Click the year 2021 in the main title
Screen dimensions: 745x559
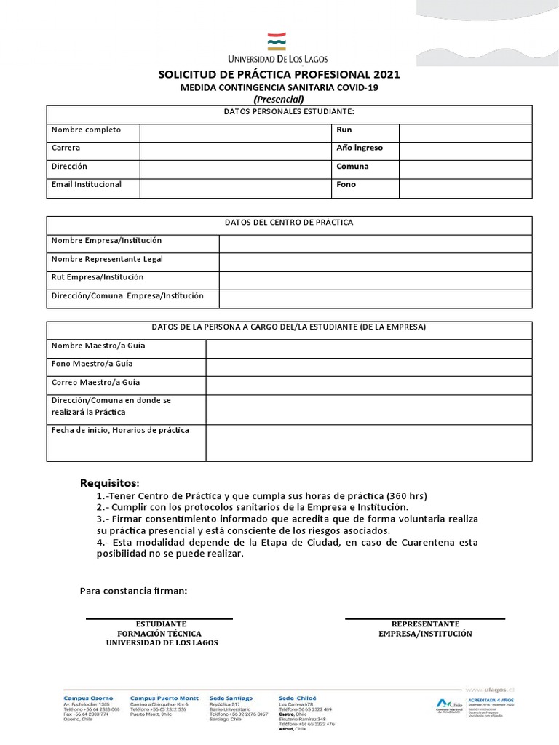tap(386, 75)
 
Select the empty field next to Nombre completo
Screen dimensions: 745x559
tap(235, 132)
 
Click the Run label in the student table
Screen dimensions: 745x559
tap(344, 130)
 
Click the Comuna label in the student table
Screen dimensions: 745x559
tap(352, 167)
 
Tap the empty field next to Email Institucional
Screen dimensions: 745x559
tap(235, 188)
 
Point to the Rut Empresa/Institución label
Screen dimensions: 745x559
tap(98, 278)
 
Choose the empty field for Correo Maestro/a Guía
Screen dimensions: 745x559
tap(368, 385)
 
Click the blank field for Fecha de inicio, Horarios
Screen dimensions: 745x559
tap(368, 442)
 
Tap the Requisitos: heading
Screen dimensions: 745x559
tap(109, 484)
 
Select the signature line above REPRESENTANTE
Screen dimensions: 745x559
tap(424, 619)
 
